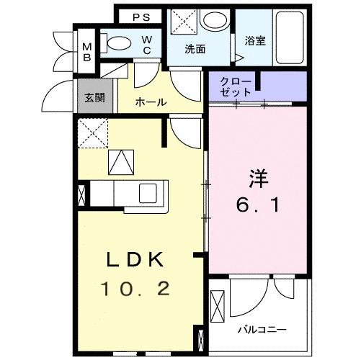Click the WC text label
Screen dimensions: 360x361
[x=146, y=45]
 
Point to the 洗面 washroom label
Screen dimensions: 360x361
[x=195, y=50]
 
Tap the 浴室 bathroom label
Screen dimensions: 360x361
[x=255, y=40]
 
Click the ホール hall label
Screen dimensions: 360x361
[x=151, y=102]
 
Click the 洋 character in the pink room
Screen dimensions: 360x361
[x=259, y=177]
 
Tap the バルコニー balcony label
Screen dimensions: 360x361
[x=262, y=330]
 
